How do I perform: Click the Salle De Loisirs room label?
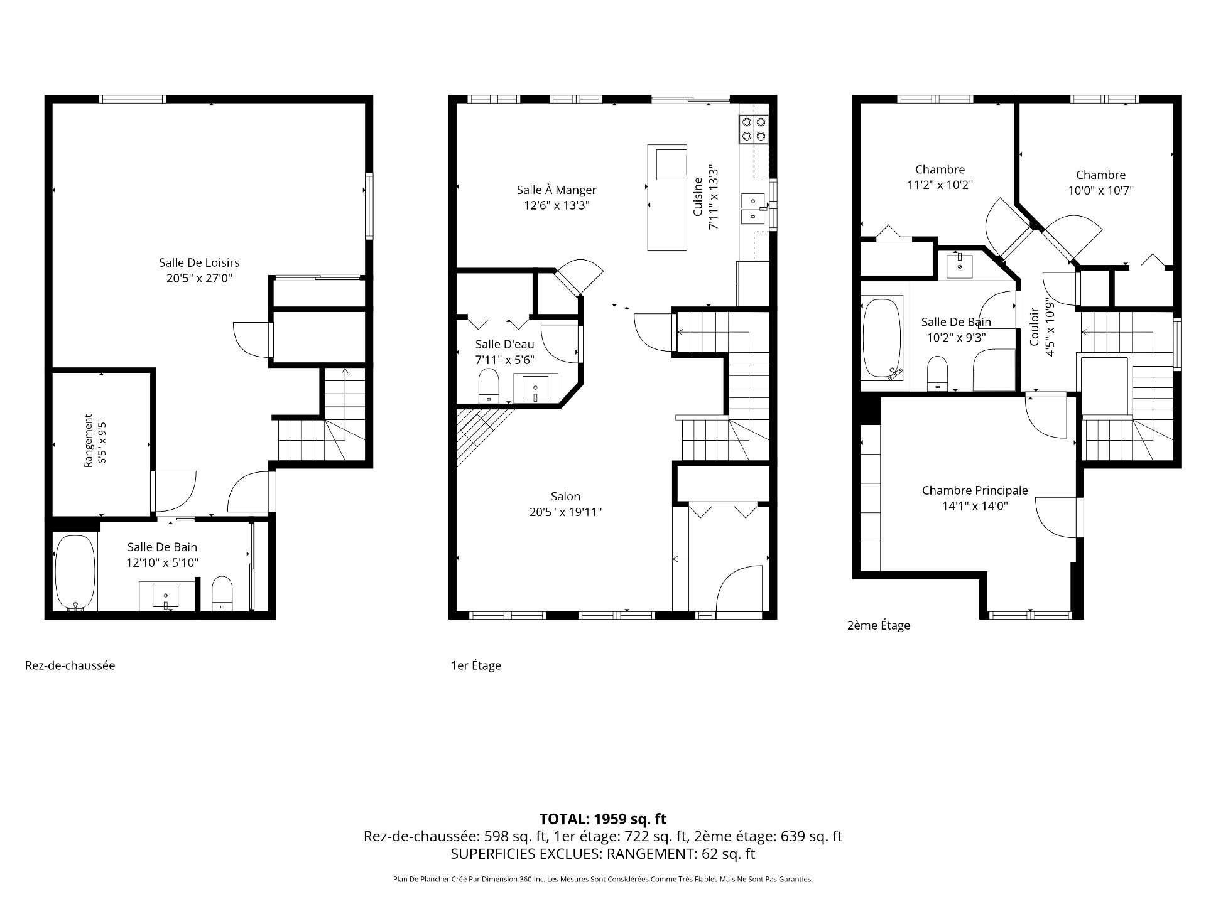point(199,262)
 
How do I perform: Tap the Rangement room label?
point(88,440)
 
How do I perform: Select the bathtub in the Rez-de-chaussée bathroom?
point(75,572)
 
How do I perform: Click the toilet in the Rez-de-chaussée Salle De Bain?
point(222,594)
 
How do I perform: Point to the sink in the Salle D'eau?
point(535,388)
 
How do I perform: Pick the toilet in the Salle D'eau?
point(489,385)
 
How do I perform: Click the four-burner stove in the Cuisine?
point(754,129)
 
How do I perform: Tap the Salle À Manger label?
point(557,190)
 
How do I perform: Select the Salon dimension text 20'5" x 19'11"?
point(565,512)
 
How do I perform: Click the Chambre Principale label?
point(975,490)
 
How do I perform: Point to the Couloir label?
point(1034,326)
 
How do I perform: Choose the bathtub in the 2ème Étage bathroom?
point(881,339)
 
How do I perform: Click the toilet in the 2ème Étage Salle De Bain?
point(938,374)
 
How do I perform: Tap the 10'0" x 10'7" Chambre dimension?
point(1100,190)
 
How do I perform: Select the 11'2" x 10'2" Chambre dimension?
point(940,185)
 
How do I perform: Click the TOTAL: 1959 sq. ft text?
point(603,819)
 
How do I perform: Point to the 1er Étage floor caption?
point(476,665)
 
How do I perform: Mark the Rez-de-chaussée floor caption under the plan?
point(70,665)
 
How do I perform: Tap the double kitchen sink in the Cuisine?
point(753,208)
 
